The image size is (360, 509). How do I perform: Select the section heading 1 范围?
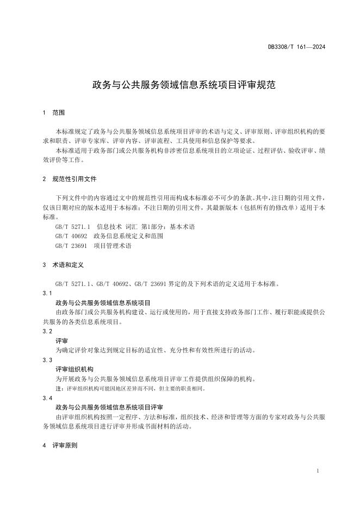point(53,113)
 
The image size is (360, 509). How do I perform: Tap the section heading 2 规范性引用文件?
point(69,178)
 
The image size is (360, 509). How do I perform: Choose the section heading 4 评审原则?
point(59,445)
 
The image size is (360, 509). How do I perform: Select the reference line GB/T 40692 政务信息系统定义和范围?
point(109,236)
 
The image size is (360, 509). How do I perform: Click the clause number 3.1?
point(47,293)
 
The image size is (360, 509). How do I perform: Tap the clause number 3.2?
point(47,331)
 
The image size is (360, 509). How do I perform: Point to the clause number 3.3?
point(47,360)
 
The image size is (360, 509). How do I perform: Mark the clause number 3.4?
point(47,398)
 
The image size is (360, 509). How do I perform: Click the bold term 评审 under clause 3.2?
point(62,341)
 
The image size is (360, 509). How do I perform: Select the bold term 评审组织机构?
point(75,369)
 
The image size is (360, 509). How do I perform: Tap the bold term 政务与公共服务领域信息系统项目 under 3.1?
point(103,302)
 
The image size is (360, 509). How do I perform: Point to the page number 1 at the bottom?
point(318,470)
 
